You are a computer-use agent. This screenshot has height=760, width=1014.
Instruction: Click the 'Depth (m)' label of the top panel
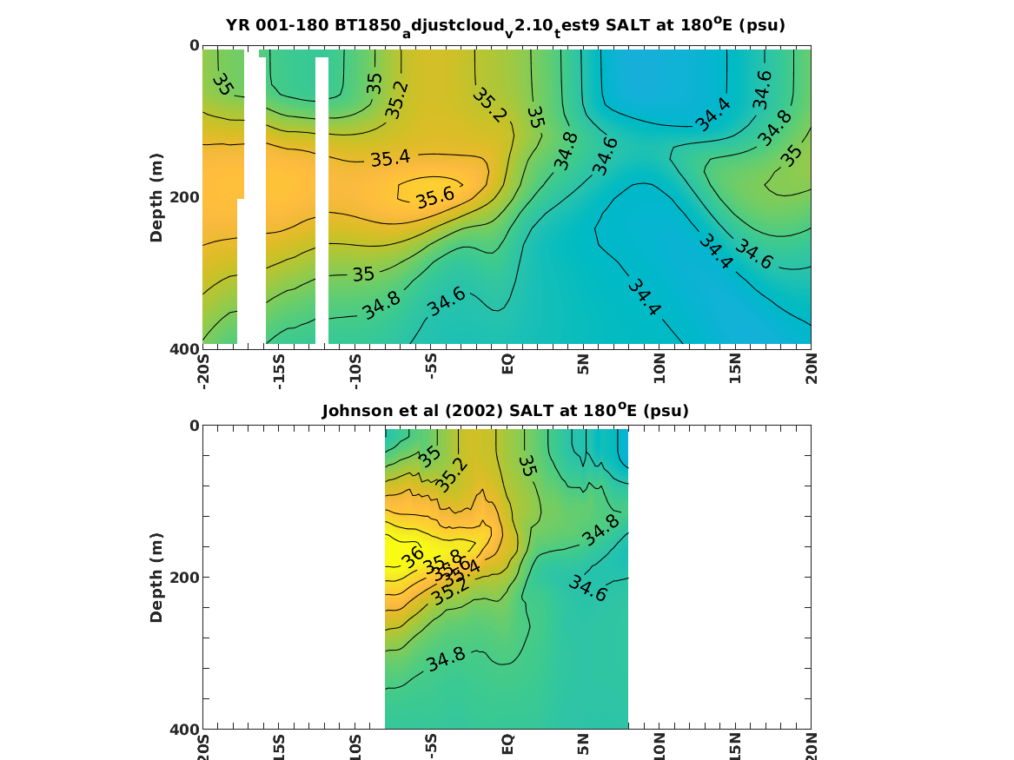[156, 197]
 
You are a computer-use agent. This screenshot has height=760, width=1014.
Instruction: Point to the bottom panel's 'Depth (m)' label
[156, 578]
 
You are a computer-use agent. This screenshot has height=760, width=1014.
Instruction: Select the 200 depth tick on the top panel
[183, 197]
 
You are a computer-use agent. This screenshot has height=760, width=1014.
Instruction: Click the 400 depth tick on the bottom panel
[183, 729]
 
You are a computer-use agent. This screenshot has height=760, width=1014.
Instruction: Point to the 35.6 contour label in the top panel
[435, 197]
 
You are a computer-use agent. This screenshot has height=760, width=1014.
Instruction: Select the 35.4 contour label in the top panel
[390, 159]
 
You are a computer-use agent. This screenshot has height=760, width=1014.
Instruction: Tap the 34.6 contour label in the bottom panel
[587, 589]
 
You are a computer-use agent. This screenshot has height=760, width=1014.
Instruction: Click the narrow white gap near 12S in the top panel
[321, 200]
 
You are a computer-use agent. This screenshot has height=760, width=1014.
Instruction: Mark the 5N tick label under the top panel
[584, 365]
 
